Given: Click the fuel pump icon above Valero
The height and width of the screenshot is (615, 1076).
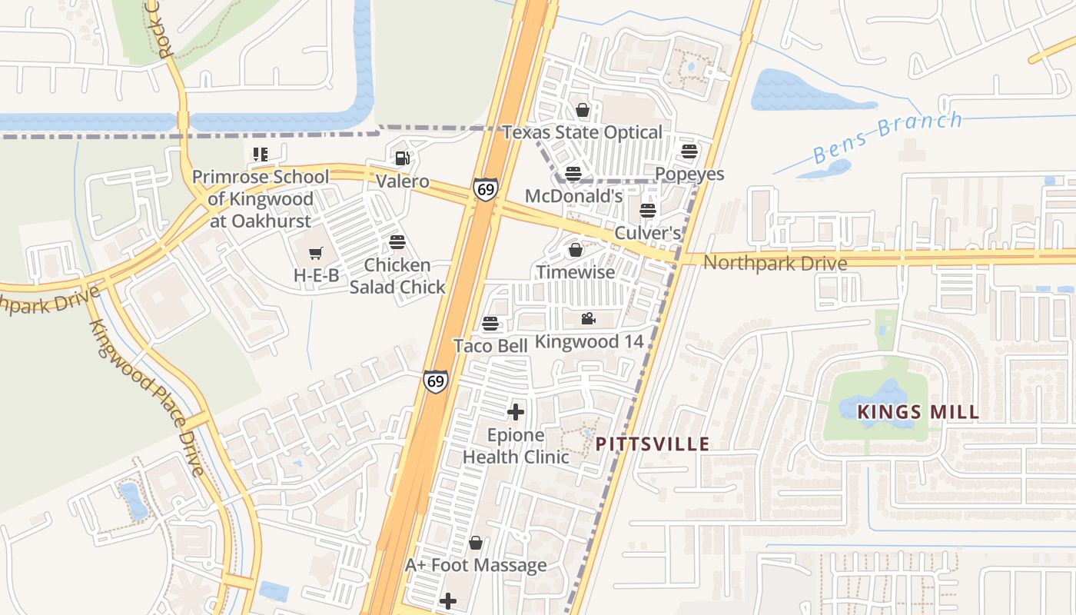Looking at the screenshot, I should click(402, 158).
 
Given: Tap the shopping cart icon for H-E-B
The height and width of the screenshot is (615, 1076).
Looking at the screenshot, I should click(315, 253).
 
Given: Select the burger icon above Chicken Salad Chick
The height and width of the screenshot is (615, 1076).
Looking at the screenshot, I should click(397, 242).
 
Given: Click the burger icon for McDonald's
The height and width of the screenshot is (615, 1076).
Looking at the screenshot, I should click(573, 173).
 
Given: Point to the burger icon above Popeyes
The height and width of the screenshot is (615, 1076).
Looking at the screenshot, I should click(689, 151).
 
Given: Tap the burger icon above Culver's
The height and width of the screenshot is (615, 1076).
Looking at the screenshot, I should click(648, 210).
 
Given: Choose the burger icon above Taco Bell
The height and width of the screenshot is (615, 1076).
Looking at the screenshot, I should click(490, 324).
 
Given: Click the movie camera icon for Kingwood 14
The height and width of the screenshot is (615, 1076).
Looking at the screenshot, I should click(589, 318).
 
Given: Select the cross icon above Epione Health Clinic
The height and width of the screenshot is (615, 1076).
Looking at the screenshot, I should click(516, 412).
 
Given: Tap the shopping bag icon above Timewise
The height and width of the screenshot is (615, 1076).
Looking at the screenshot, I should click(575, 250).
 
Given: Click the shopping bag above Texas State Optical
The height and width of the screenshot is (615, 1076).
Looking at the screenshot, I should click(583, 110).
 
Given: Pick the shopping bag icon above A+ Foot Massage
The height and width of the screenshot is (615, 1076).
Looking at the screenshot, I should click(476, 543).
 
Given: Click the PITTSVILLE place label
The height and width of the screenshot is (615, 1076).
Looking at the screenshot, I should click(653, 444).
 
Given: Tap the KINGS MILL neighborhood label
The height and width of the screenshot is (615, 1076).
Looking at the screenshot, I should click(918, 412).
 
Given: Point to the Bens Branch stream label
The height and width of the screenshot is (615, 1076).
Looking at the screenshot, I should click(887, 137).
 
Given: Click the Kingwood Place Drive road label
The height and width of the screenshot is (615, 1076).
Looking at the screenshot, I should click(147, 397).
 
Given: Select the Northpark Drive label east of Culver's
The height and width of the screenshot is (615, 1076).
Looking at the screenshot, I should click(775, 263).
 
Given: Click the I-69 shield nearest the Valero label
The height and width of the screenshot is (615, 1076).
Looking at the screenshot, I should click(486, 189).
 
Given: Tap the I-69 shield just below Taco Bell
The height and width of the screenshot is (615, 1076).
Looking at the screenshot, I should click(436, 381).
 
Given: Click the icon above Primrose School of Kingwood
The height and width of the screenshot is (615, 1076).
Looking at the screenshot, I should click(260, 155).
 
